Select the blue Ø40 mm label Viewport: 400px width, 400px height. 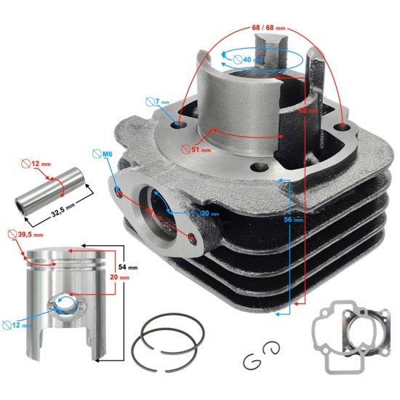pyautogui.click(x=252, y=60)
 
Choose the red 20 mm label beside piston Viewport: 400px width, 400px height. pyautogui.click(x=125, y=277)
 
